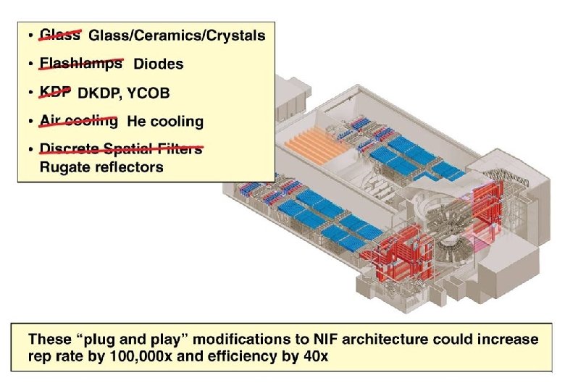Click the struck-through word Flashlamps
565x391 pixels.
click(x=80, y=64)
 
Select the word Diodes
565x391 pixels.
click(x=158, y=64)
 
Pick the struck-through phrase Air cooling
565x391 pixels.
click(x=78, y=122)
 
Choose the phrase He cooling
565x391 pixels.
click(x=165, y=122)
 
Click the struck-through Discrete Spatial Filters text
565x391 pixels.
click(x=120, y=149)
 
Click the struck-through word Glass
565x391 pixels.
click(x=59, y=35)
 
